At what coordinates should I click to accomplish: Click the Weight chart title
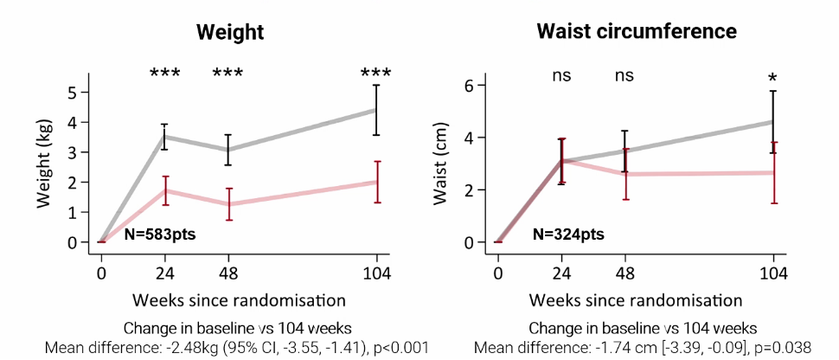pyautogui.click(x=229, y=33)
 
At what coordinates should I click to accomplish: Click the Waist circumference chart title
pyautogui.click(x=637, y=32)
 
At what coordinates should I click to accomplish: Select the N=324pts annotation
pyautogui.click(x=568, y=234)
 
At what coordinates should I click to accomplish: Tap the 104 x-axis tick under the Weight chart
pyautogui.click(x=377, y=274)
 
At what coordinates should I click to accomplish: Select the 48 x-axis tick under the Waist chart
pyautogui.click(x=624, y=274)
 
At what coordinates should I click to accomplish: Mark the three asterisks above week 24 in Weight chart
pyautogui.click(x=165, y=74)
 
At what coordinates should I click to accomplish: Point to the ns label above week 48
pyautogui.click(x=624, y=75)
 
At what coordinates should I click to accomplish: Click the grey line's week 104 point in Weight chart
pyautogui.click(x=376, y=110)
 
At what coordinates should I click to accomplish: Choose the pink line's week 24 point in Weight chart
pyautogui.click(x=165, y=190)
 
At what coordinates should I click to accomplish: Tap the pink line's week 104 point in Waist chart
pyautogui.click(x=773, y=172)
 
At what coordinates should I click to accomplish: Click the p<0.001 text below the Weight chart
pyautogui.click(x=400, y=349)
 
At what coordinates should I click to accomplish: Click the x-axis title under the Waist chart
pyautogui.click(x=636, y=301)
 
